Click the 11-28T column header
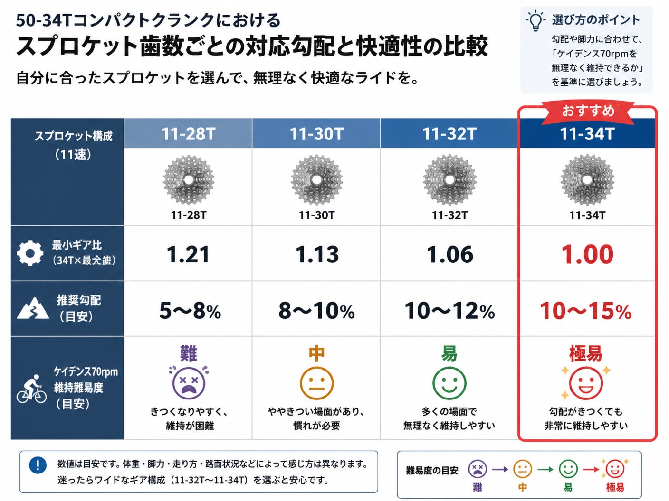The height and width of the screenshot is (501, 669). point(188,133)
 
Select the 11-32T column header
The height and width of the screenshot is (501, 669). point(449,133)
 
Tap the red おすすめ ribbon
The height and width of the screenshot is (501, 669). point(588,111)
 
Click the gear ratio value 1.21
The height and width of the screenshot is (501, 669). point(188,254)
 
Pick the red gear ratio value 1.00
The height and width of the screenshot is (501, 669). point(587,254)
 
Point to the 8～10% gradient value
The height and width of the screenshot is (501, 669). point(316,311)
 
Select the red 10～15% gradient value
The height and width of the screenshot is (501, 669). point(585,311)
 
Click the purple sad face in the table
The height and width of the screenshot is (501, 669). point(189,383)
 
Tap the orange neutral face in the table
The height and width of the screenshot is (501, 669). point(316,383)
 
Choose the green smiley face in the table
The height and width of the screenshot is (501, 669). point(449,383)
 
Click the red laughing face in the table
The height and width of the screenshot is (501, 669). point(586,383)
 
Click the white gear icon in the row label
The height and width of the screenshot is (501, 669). point(30,253)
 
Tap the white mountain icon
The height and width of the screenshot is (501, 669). point(33,308)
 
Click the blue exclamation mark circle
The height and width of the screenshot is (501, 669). point(38,465)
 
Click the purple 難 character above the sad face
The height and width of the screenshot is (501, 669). point(189,353)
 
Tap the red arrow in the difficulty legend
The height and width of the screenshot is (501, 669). point(591,470)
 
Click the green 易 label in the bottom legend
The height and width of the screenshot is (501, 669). point(568,487)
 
